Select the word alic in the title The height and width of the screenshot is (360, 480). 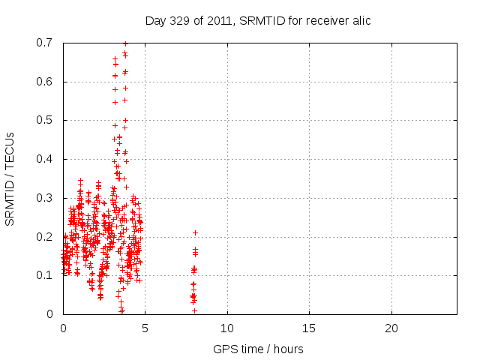[x=360, y=21]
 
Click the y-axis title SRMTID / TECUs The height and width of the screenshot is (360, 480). [x=10, y=178]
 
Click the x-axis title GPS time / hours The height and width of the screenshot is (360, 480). [x=258, y=349]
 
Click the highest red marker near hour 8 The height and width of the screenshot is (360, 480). [x=195, y=232]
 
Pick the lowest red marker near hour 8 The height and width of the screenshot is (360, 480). [x=194, y=310]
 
